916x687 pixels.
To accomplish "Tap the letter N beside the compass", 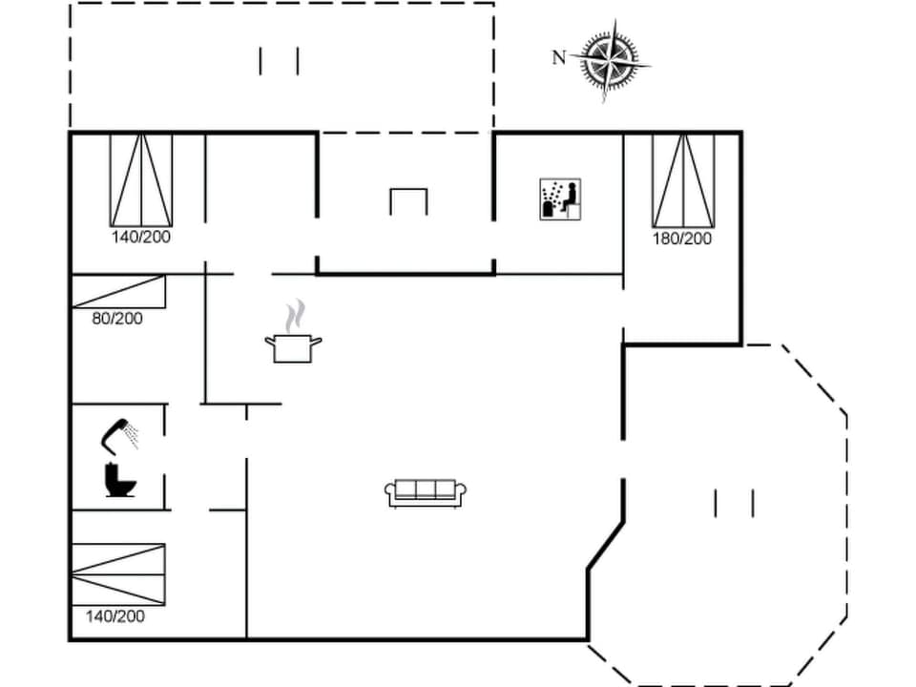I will [559, 58].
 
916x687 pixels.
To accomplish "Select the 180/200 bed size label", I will [682, 239].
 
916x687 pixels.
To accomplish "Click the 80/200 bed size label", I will [117, 319].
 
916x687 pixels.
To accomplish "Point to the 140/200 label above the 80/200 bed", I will [141, 237].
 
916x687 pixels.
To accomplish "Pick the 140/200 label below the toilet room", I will [115, 616].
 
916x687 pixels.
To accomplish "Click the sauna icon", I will [560, 199].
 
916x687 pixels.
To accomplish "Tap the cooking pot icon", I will [293, 347].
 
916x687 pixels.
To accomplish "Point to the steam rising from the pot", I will [297, 314].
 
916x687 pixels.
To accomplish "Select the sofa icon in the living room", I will [426, 492].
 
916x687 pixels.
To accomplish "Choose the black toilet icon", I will [120, 479].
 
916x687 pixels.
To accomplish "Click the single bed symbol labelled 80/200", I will [119, 292].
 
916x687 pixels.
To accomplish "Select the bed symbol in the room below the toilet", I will [118, 573].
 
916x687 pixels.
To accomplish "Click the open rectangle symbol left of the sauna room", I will [408, 201].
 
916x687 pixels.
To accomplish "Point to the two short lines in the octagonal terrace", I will [734, 503].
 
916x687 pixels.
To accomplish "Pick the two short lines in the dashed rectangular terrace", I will [279, 61].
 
